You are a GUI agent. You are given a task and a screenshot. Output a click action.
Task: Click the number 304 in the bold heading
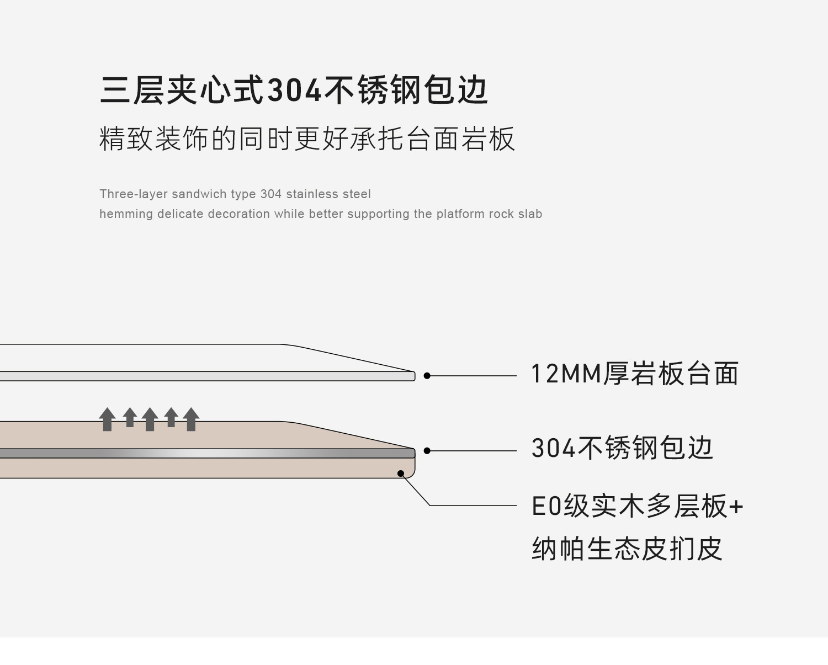coord(294,91)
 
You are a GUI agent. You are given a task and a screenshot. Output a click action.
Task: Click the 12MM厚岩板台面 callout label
coord(634,374)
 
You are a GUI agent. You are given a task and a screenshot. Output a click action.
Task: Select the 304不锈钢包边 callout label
coord(622,448)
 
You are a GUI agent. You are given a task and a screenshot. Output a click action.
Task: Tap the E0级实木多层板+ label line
coord(636,507)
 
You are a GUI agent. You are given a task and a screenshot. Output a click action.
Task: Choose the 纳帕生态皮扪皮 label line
coord(627,549)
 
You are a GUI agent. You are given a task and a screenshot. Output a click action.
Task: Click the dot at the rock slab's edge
coord(427,376)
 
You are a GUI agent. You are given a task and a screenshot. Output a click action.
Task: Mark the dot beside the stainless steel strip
coord(427,451)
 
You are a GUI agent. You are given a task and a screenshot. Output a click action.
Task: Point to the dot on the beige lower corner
coord(401,474)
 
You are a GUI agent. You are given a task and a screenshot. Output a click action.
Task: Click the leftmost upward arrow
coord(108,419)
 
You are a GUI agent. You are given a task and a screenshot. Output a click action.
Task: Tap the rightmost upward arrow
coord(191,419)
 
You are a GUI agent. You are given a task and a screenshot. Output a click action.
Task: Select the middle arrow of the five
coord(150,419)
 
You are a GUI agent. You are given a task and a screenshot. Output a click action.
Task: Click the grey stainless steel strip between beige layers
coord(221,454)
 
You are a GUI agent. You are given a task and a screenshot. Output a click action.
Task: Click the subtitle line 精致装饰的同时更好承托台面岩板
coord(307,139)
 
